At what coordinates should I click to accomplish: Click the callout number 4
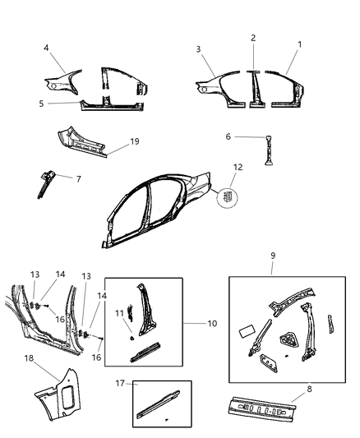tap(46, 48)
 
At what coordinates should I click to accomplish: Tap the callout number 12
tap(238, 168)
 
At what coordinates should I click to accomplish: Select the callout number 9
tap(273, 256)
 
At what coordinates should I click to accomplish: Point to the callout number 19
tap(135, 141)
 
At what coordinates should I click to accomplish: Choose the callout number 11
tap(119, 313)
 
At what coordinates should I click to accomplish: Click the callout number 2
tap(253, 37)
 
